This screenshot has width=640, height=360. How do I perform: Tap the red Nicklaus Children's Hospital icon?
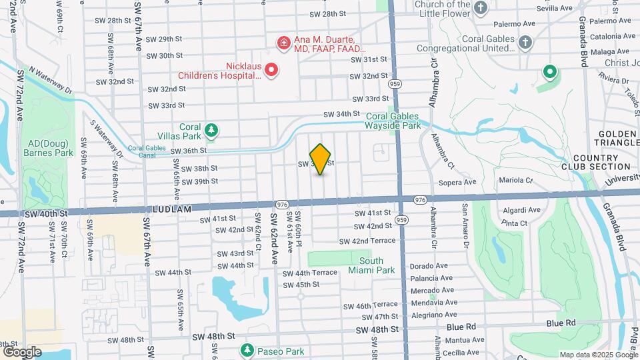[x=271, y=69]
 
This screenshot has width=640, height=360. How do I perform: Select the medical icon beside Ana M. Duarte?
[x=283, y=43]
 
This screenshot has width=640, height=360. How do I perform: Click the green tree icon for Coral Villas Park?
[x=211, y=130]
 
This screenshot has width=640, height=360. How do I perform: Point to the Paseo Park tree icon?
[x=247, y=350]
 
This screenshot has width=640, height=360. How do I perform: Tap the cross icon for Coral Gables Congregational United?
[x=525, y=43]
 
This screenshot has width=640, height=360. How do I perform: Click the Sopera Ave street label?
[x=457, y=181]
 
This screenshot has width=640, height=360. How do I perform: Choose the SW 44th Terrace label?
[x=309, y=273]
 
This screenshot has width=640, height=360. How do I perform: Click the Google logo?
[x=22, y=352]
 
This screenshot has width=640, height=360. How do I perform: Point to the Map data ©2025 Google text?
[x=598, y=354]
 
